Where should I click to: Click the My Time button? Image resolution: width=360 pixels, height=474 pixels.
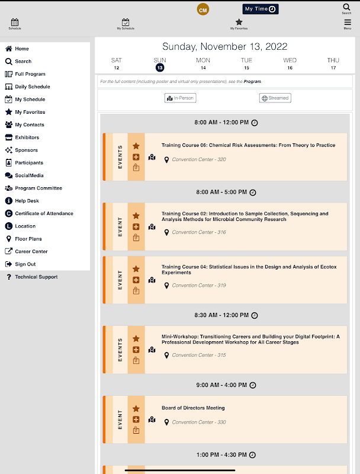(261, 9)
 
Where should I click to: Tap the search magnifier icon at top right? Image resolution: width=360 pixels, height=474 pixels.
(346, 7)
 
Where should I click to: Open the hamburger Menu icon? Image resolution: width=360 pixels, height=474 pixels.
(348, 23)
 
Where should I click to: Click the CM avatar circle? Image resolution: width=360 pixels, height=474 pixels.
(203, 9)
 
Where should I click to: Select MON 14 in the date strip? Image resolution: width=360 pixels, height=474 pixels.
(203, 64)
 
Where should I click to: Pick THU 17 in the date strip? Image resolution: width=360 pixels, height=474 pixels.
(333, 64)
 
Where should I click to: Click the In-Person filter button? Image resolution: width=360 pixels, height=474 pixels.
(181, 98)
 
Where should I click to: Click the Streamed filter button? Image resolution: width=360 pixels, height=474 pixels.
(275, 98)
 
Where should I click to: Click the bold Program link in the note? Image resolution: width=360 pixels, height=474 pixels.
(252, 82)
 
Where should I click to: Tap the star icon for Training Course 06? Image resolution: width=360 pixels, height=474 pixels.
(136, 146)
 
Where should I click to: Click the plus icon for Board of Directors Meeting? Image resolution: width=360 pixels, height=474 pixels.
(136, 419)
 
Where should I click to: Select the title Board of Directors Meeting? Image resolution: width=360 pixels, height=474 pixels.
(193, 408)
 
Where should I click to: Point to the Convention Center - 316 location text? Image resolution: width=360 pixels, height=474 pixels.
(199, 232)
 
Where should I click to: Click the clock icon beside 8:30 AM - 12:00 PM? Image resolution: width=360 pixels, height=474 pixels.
(255, 316)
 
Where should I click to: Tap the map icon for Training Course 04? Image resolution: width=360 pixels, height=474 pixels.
(152, 280)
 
